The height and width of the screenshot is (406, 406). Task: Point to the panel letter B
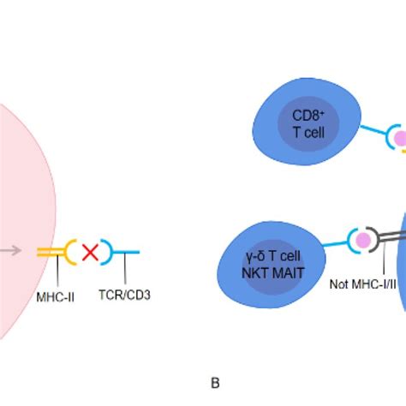click(215, 383)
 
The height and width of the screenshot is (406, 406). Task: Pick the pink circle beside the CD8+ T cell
click(399, 137)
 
